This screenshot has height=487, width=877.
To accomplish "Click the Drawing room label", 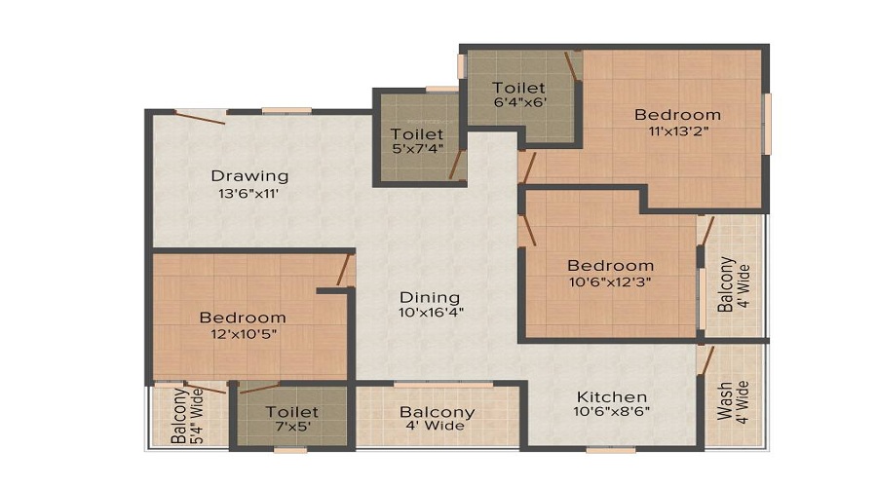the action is click(x=249, y=176).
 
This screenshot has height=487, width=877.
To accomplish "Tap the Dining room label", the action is click(x=430, y=297).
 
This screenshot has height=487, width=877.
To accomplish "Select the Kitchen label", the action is click(x=612, y=397).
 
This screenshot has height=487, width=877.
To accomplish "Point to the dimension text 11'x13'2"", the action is click(x=678, y=131).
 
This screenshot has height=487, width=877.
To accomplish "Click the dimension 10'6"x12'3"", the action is click(x=610, y=281).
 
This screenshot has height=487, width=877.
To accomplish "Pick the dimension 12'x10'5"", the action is click(x=244, y=334).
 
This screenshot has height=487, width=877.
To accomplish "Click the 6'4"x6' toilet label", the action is click(x=519, y=102).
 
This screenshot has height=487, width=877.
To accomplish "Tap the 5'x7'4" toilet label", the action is click(x=417, y=149).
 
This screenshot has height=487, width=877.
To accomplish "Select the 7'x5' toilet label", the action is click(x=292, y=426).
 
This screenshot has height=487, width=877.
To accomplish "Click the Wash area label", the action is click(x=732, y=401).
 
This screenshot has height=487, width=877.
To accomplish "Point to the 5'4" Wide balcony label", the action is click(x=187, y=416).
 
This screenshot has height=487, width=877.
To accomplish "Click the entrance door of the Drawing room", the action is click(x=199, y=117).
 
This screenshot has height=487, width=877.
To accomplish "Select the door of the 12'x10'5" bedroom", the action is click(x=346, y=270).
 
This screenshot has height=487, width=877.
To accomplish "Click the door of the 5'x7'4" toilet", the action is click(x=456, y=165).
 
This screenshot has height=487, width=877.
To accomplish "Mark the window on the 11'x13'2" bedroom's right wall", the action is click(x=768, y=124).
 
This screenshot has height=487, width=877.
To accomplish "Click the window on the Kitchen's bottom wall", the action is click(x=611, y=449).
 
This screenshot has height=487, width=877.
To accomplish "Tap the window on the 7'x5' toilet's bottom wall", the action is click(x=290, y=450).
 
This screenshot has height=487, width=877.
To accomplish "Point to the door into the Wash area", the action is click(x=706, y=360).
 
